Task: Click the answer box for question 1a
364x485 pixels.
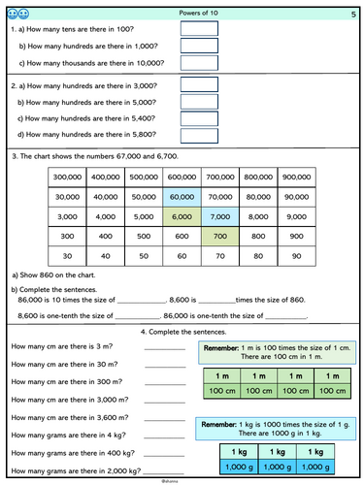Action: (x=200, y=28)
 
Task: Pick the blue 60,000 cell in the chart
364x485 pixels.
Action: (x=182, y=196)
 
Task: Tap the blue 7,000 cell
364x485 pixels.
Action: (x=219, y=215)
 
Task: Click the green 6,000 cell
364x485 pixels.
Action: (x=182, y=215)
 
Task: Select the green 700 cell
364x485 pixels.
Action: (x=219, y=236)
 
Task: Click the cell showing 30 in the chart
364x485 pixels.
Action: (x=66, y=256)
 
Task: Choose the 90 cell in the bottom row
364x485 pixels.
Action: (x=296, y=256)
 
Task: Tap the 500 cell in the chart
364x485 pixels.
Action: (x=143, y=236)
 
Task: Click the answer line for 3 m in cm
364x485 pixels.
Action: (x=164, y=348)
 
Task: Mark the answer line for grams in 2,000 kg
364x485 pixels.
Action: (x=164, y=470)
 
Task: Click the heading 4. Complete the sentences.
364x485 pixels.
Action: (x=182, y=333)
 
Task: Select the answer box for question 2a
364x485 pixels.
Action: (x=200, y=84)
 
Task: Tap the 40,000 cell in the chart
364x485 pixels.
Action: (x=105, y=196)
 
